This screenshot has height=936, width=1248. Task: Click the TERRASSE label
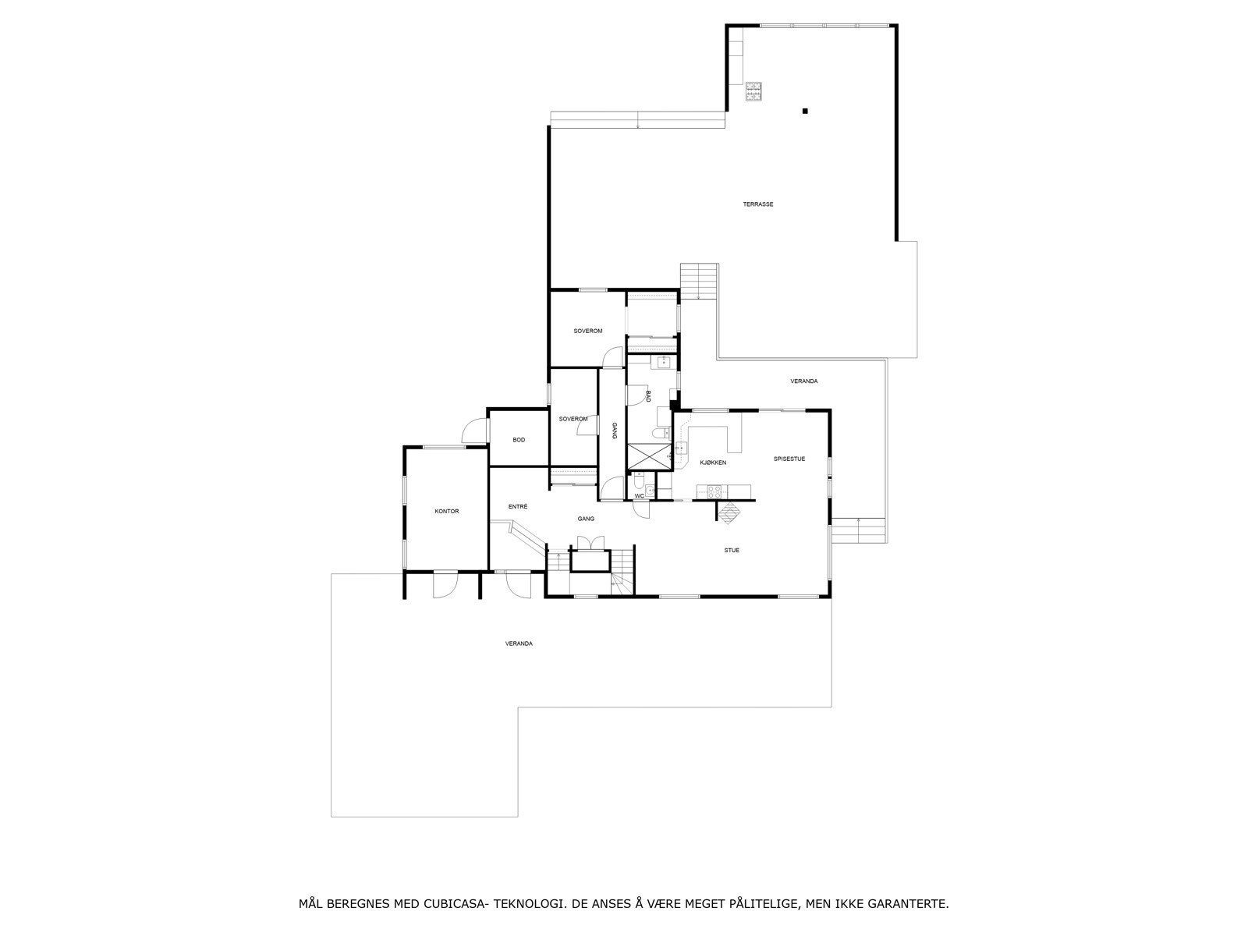(x=757, y=204)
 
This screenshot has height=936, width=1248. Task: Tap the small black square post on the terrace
(x=805, y=111)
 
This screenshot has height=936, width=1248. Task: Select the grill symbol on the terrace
(x=753, y=92)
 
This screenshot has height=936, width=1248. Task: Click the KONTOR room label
(x=447, y=512)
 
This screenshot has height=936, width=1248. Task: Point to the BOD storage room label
(x=519, y=440)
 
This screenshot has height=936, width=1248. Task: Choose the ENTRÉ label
(x=518, y=506)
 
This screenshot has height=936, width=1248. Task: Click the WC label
(x=639, y=495)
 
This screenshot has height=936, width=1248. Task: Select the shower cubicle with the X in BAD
(x=649, y=456)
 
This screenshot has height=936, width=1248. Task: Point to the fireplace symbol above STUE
(x=732, y=512)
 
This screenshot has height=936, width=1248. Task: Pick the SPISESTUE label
(x=789, y=459)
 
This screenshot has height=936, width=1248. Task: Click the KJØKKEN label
(x=713, y=463)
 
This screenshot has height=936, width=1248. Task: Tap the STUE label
(x=731, y=550)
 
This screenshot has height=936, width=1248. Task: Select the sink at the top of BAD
(x=663, y=361)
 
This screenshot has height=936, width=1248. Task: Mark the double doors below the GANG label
(x=587, y=543)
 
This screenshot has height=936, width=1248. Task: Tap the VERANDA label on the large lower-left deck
(x=519, y=643)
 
